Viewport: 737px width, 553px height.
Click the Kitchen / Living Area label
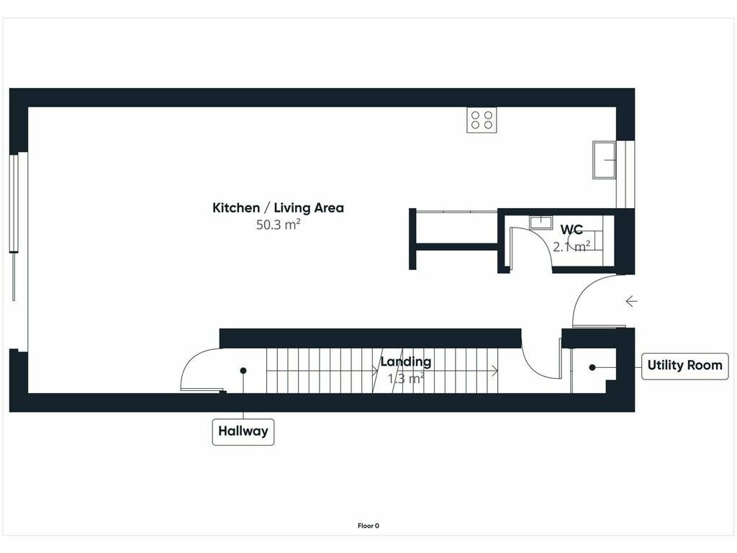(278, 208)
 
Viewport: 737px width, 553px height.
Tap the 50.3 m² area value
(278, 225)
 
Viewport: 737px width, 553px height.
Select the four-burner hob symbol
(481, 120)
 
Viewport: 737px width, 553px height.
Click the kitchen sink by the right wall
(604, 160)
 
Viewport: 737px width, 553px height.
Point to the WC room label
(571, 230)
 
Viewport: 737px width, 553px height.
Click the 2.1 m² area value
(571, 246)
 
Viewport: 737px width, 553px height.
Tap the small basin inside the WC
(541, 222)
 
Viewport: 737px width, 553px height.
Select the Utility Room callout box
(685, 365)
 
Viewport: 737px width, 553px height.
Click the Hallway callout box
(243, 431)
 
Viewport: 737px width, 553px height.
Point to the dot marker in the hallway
(243, 371)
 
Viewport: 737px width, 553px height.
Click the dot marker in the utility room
(592, 367)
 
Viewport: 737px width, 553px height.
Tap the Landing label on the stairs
(406, 361)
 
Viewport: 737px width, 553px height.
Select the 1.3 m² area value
(406, 379)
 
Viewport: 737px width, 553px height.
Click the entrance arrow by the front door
(631, 302)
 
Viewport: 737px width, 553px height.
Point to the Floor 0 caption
(368, 526)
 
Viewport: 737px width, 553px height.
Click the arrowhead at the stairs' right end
(495, 371)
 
